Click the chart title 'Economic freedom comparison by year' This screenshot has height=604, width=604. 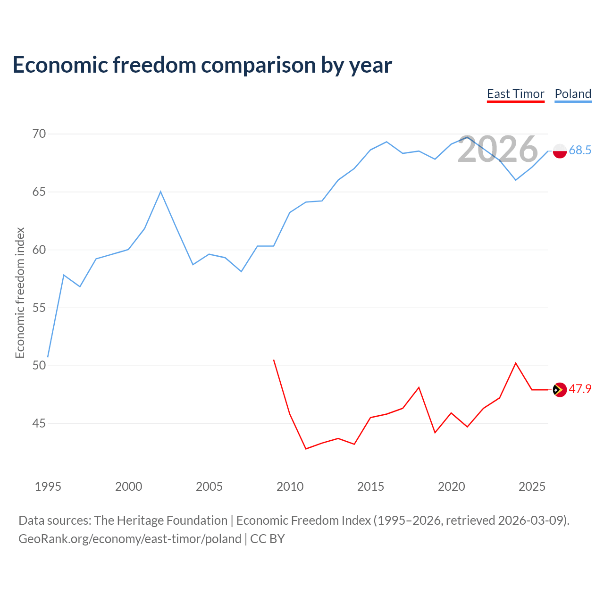click(x=202, y=65)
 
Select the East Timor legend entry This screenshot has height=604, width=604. click(x=516, y=94)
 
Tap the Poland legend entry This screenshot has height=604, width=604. click(x=573, y=94)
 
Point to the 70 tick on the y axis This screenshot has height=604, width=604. click(x=39, y=134)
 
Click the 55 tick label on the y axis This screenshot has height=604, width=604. click(x=39, y=308)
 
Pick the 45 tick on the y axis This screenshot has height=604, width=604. click(x=39, y=423)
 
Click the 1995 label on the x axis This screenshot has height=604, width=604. click(x=48, y=487)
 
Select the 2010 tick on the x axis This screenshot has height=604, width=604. click(x=290, y=487)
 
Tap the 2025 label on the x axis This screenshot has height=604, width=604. click(x=532, y=487)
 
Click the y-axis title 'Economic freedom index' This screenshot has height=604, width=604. click(x=20, y=293)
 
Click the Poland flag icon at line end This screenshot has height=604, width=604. click(x=560, y=151)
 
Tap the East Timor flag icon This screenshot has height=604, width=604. click(x=560, y=390)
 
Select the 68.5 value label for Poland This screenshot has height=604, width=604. click(x=580, y=150)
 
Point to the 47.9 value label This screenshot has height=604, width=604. click(x=580, y=389)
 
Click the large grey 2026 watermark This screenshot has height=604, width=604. click(x=498, y=149)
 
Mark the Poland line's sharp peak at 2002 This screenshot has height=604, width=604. click(x=160, y=192)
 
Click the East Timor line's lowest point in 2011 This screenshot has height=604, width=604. click(x=306, y=449)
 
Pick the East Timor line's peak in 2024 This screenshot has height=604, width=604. click(x=516, y=363)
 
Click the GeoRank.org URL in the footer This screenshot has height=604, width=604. click(x=130, y=539)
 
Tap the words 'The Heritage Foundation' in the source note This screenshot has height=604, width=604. click(x=161, y=520)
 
